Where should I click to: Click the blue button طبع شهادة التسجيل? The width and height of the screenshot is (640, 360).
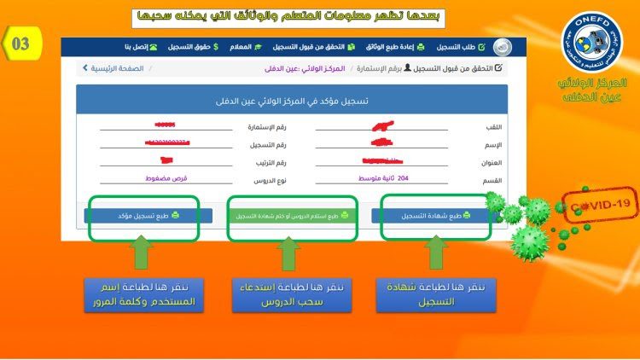[x=433, y=216]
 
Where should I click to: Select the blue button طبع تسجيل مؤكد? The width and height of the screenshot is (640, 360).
[x=143, y=216]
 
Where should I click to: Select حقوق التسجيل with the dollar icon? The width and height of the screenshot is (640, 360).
[x=194, y=46]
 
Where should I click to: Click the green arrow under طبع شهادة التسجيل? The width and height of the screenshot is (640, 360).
[x=435, y=253]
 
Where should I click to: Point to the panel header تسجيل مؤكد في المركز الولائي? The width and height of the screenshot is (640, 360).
[x=291, y=101]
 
